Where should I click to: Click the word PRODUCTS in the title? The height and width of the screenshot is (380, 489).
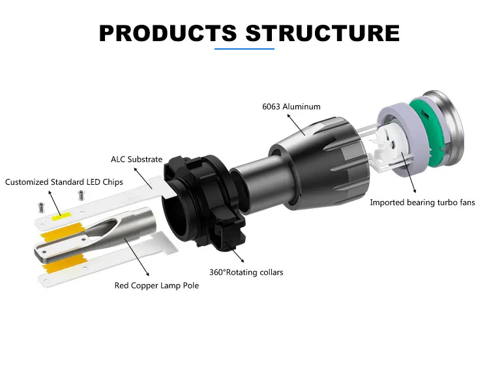point(168,33)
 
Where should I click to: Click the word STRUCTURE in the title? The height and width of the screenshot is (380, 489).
point(323,33)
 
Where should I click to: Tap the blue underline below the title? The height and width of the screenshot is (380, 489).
point(244,49)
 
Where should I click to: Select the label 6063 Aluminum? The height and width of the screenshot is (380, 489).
point(291,107)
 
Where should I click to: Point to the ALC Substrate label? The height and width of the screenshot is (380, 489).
point(137,159)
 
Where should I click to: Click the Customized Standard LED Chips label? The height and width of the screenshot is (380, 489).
point(64,182)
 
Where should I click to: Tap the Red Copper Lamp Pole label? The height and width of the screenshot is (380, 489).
point(156,285)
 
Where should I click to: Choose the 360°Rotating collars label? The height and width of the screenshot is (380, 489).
point(246,272)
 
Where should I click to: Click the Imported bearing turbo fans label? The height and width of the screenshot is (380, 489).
point(422,202)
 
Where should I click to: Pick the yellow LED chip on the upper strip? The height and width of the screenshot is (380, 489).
point(61,217)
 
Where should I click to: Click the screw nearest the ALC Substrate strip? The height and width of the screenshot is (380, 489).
point(81,195)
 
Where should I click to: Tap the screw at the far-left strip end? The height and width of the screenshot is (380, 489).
point(41,208)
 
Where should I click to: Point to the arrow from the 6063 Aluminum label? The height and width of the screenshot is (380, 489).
point(296,125)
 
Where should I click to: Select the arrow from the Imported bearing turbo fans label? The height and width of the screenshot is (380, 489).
point(409,172)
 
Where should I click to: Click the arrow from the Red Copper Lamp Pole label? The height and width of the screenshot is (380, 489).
point(137,257)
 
